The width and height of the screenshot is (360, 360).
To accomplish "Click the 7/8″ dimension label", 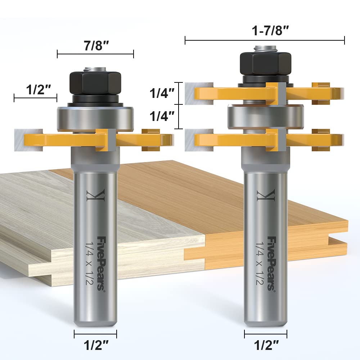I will (x=95, y=46).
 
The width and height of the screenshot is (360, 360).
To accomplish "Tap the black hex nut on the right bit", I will (x=265, y=63).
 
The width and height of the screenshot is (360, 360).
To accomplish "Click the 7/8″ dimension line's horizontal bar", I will (x=95, y=54).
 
